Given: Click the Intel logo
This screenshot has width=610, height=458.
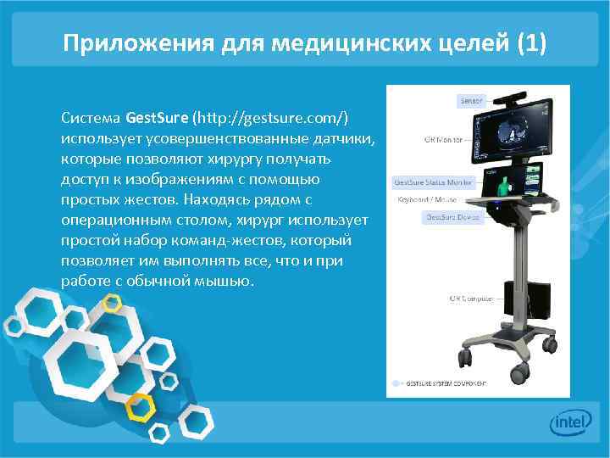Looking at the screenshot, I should point(568,422).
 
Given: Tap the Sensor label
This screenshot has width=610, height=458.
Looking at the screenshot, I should point(470,101).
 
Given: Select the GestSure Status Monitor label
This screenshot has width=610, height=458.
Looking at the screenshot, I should point(433,182).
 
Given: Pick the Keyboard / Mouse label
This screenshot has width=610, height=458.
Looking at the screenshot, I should point(427,199).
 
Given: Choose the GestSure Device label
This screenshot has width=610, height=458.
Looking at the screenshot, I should point(452,217).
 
